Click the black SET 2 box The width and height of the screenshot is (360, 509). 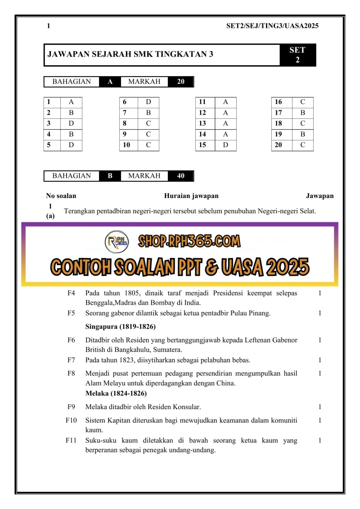click(x=297, y=55)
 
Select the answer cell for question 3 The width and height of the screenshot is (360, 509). click(x=71, y=123)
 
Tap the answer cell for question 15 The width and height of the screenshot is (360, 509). click(x=225, y=145)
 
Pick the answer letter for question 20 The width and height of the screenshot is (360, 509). click(x=303, y=145)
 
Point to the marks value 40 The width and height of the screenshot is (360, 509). click(x=181, y=176)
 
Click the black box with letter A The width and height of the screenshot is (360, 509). click(x=110, y=82)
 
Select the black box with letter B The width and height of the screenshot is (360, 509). click(x=110, y=176)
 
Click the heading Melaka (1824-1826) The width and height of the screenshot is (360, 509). click(x=116, y=393)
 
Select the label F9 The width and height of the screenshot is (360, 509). click(x=71, y=407)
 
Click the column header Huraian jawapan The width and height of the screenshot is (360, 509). click(x=191, y=196)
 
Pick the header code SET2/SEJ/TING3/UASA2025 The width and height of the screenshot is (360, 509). click(x=272, y=26)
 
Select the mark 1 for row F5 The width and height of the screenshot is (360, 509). click(x=319, y=313)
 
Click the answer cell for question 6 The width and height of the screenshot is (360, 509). click(x=149, y=102)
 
